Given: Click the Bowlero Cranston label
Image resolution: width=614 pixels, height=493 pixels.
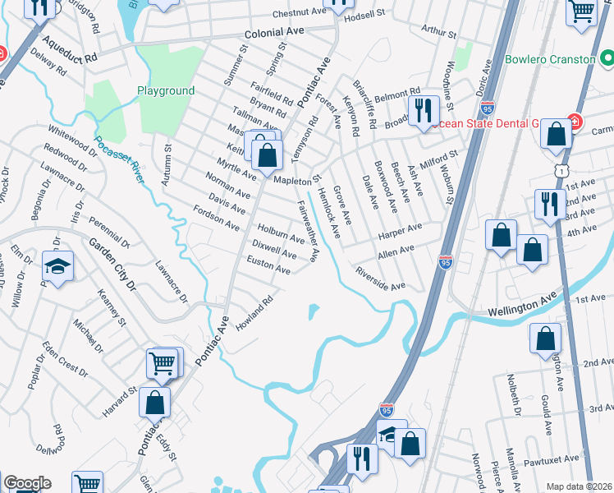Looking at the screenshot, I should (549, 60).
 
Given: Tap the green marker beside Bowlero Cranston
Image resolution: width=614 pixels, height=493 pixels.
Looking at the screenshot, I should (607, 59).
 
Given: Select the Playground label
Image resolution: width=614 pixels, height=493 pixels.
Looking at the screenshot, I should (166, 91).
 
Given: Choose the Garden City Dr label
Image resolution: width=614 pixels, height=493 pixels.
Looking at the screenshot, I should (112, 264).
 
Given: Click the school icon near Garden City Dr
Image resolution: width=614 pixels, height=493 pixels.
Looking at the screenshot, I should (58, 266).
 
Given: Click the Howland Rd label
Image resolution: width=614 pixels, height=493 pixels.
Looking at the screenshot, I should (254, 311).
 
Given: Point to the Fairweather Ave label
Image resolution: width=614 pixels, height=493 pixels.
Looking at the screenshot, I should (307, 231).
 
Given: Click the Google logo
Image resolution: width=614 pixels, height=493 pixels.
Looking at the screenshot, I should (27, 484).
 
